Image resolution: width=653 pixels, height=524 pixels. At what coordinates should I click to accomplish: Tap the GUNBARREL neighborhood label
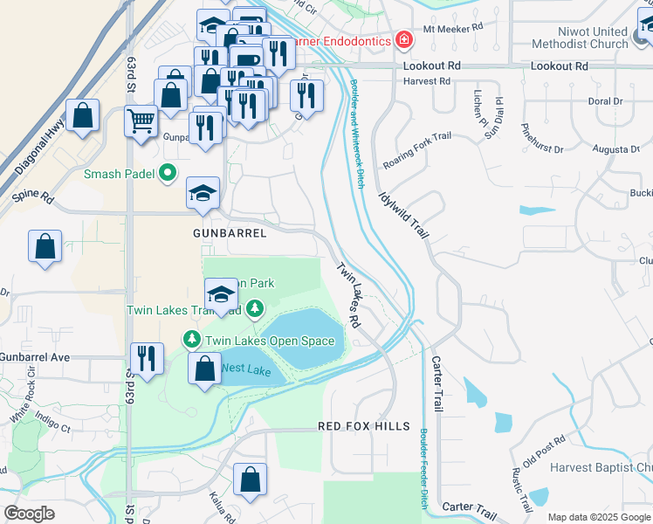point(230,234)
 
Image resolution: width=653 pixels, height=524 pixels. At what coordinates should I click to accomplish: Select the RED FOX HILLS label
point(363,426)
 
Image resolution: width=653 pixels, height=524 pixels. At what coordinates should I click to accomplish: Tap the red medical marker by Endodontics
point(403,40)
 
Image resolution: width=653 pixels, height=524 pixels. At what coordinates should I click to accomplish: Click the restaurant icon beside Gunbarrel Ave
point(147,358)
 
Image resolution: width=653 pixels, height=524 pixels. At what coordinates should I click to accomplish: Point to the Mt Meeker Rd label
point(452,28)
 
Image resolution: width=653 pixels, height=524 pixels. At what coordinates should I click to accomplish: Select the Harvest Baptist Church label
point(601,467)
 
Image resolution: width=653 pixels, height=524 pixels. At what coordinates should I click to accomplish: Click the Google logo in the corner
point(30,514)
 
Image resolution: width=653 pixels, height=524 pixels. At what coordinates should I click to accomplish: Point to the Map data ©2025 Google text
point(598,517)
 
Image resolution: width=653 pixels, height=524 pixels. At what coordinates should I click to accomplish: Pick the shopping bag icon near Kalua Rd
point(250,479)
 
